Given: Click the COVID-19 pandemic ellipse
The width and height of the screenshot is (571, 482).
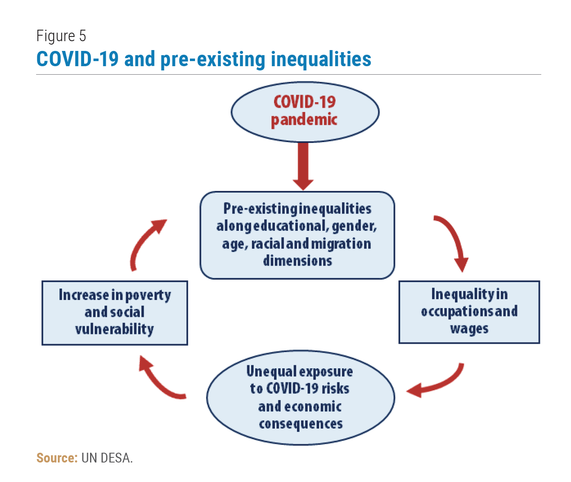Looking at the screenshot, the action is click(x=305, y=112).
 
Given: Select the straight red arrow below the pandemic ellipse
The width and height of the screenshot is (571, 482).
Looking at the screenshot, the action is click(x=303, y=166).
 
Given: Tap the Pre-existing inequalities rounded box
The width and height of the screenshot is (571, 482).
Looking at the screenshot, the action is click(x=297, y=235).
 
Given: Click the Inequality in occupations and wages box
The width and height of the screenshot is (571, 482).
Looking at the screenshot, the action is click(x=469, y=312).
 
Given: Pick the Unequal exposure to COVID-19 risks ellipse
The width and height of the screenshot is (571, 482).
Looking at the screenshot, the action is click(x=300, y=398).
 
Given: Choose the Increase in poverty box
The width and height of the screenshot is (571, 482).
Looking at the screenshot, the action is click(x=115, y=313).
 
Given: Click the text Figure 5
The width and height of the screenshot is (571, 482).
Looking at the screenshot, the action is click(x=61, y=36).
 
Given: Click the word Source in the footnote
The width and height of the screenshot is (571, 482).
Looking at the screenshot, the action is click(x=57, y=458).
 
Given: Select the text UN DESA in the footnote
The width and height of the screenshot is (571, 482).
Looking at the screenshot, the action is click(x=107, y=458).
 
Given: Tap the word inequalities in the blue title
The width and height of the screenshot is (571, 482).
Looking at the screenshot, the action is click(x=321, y=59).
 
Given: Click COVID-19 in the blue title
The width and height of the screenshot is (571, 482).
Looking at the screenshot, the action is click(x=77, y=59).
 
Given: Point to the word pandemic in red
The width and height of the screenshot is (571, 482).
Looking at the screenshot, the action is click(x=304, y=120).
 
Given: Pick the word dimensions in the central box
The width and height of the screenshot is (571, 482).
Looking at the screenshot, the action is click(x=297, y=261).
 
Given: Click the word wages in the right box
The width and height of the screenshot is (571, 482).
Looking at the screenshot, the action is click(x=469, y=329).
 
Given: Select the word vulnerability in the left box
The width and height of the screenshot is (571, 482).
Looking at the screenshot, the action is click(x=114, y=329).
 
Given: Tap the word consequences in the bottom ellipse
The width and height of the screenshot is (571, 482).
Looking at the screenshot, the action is click(x=301, y=424).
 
